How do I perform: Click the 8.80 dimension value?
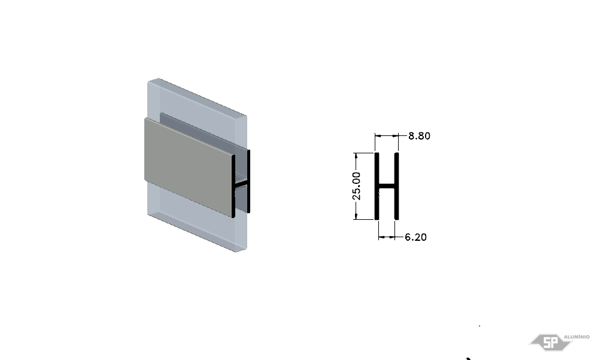(x=419, y=136)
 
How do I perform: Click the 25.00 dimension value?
(x=356, y=186)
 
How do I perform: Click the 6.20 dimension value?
(x=415, y=237)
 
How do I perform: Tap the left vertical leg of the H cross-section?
(x=377, y=186)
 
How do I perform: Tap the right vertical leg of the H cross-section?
(x=397, y=186)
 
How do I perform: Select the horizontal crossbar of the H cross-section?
(x=387, y=187)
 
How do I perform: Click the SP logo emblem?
(x=550, y=342)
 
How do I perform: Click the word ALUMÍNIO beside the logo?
(x=576, y=337)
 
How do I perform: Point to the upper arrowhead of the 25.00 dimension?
(x=356, y=155)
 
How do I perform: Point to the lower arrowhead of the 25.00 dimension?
(x=356, y=217)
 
